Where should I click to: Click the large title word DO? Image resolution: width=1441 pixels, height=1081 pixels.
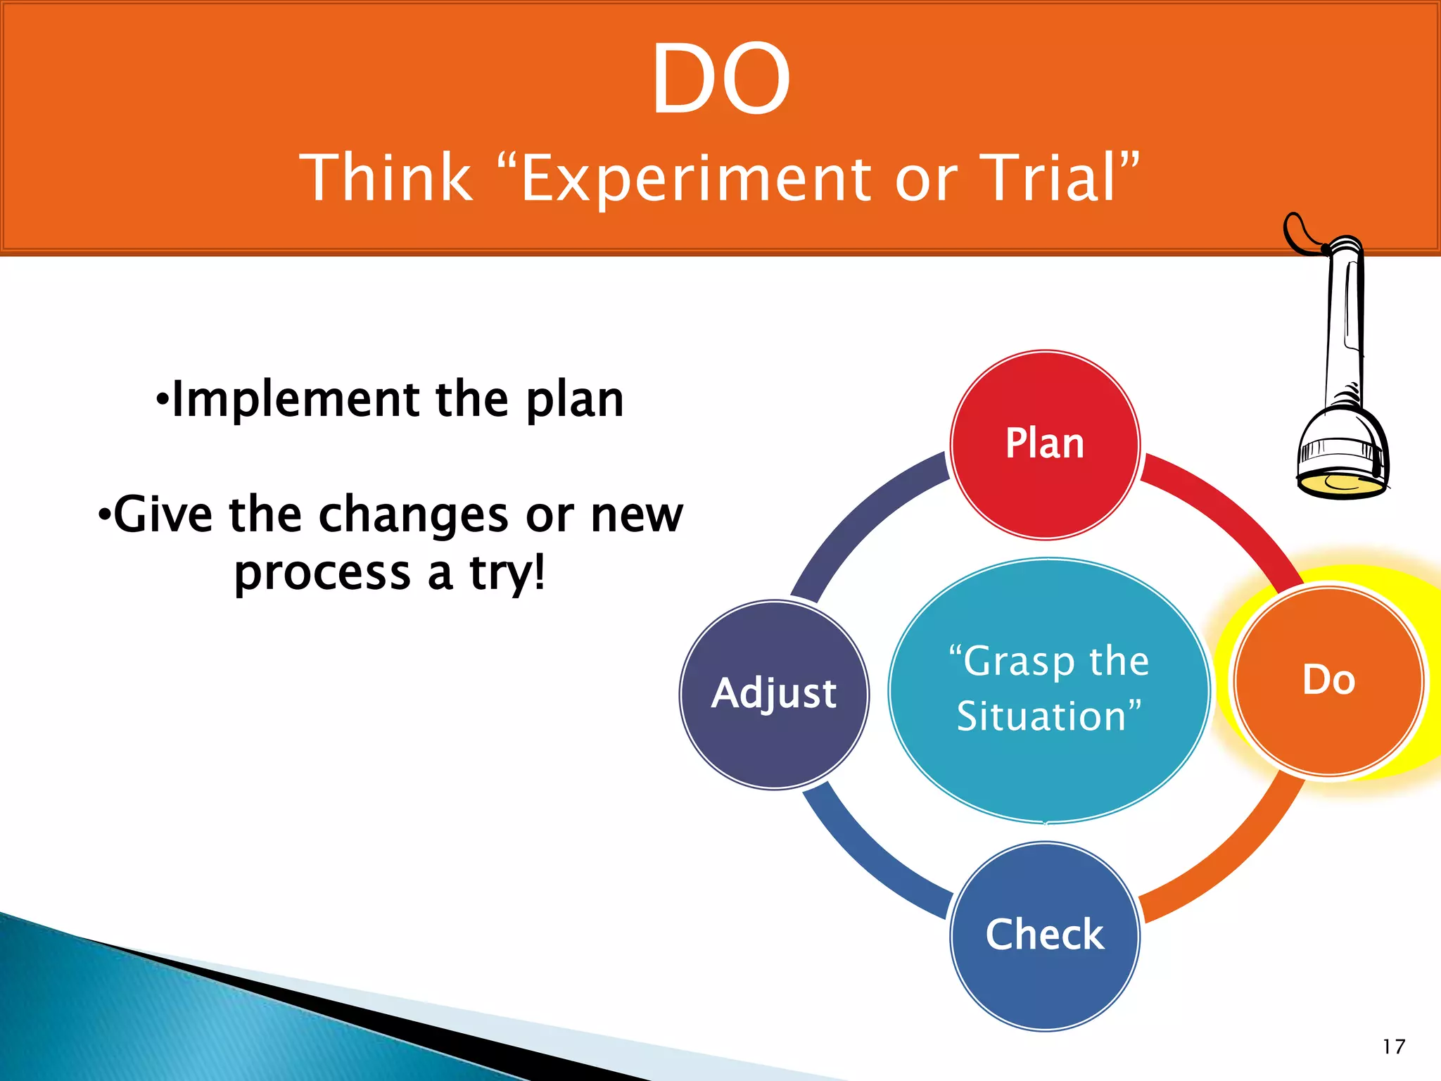(720, 78)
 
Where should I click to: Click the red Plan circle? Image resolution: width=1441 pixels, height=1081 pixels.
(1045, 445)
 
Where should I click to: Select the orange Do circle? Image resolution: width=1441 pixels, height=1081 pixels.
(1329, 681)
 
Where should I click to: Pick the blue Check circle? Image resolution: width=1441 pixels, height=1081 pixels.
(1045, 936)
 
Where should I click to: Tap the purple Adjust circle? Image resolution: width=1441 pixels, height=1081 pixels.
(774, 695)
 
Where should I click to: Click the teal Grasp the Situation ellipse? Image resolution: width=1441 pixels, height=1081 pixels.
(1048, 690)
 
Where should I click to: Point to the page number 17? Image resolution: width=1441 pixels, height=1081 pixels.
(1393, 1047)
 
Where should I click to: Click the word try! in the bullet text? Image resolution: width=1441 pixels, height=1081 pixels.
(507, 573)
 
